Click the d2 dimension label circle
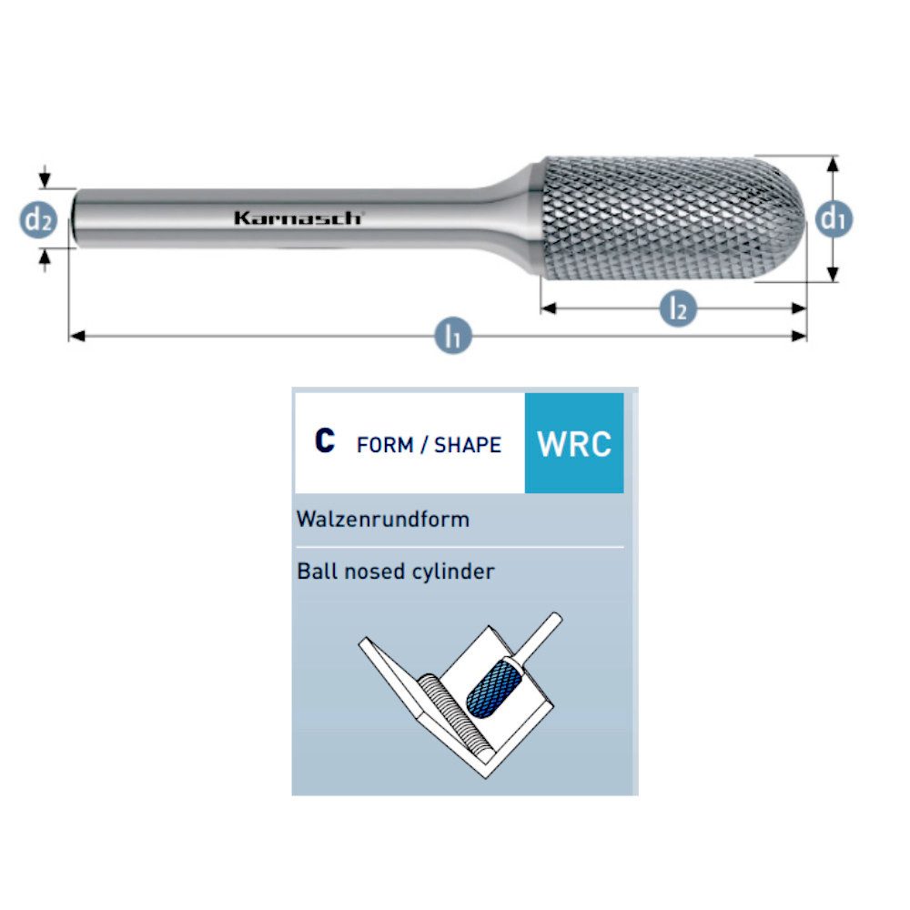tap(38, 218)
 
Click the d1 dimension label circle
tap(834, 218)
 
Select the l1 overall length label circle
tap(452, 337)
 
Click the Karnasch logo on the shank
tap(298, 217)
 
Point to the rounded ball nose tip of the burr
tap(797, 219)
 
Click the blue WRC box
tap(574, 443)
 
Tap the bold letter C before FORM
tap(325, 441)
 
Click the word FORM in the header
tap(384, 445)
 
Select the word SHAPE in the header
tap(468, 445)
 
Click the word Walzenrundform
tap(383, 520)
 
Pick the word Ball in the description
tap(314, 571)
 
